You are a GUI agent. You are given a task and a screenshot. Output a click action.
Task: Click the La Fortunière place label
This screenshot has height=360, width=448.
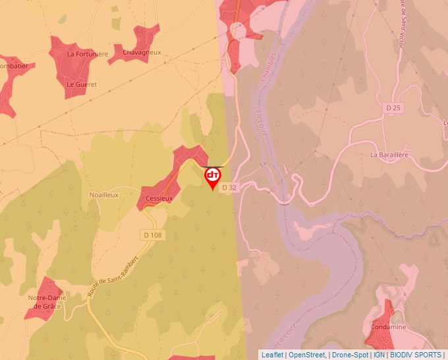tap(87, 54)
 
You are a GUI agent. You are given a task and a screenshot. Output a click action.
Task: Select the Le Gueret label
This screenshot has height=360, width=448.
tap(82, 84)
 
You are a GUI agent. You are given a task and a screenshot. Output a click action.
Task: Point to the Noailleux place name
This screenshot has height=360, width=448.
tap(103, 195)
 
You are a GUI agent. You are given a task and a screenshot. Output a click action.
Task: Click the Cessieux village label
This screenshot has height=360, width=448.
tap(158, 197)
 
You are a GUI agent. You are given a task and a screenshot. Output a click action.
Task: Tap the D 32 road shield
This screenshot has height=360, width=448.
tap(229, 188)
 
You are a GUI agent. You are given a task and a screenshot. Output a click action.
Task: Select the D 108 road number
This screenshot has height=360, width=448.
tap(152, 235)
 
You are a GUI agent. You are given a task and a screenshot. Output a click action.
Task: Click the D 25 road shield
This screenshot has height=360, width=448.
tap(393, 107)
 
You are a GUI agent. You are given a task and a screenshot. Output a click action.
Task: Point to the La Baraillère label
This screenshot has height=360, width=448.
tap(389, 155)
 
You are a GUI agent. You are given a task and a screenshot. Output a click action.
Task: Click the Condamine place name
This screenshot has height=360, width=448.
tap(389, 327)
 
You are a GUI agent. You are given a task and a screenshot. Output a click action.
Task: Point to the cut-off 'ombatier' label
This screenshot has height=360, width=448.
tap(13, 66)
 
